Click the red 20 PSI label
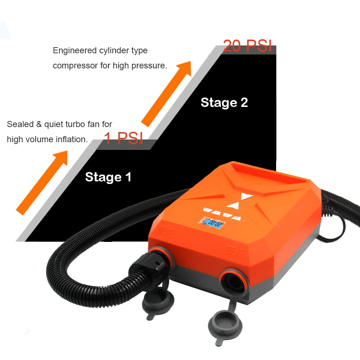click(247, 46)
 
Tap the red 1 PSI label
click(123, 138)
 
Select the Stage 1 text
click(108, 177)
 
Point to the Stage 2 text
click(224, 102)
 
